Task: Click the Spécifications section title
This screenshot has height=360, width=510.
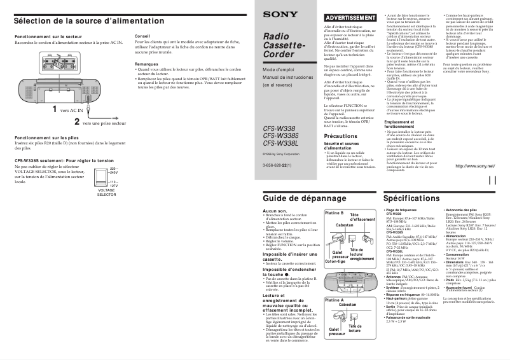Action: tap(411, 198)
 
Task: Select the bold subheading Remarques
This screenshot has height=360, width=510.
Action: tap(147, 64)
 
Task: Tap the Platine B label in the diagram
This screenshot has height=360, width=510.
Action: tap(334, 212)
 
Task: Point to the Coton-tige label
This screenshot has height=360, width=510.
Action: tap(334, 261)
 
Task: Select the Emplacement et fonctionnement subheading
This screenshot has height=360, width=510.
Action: tap(403, 123)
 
